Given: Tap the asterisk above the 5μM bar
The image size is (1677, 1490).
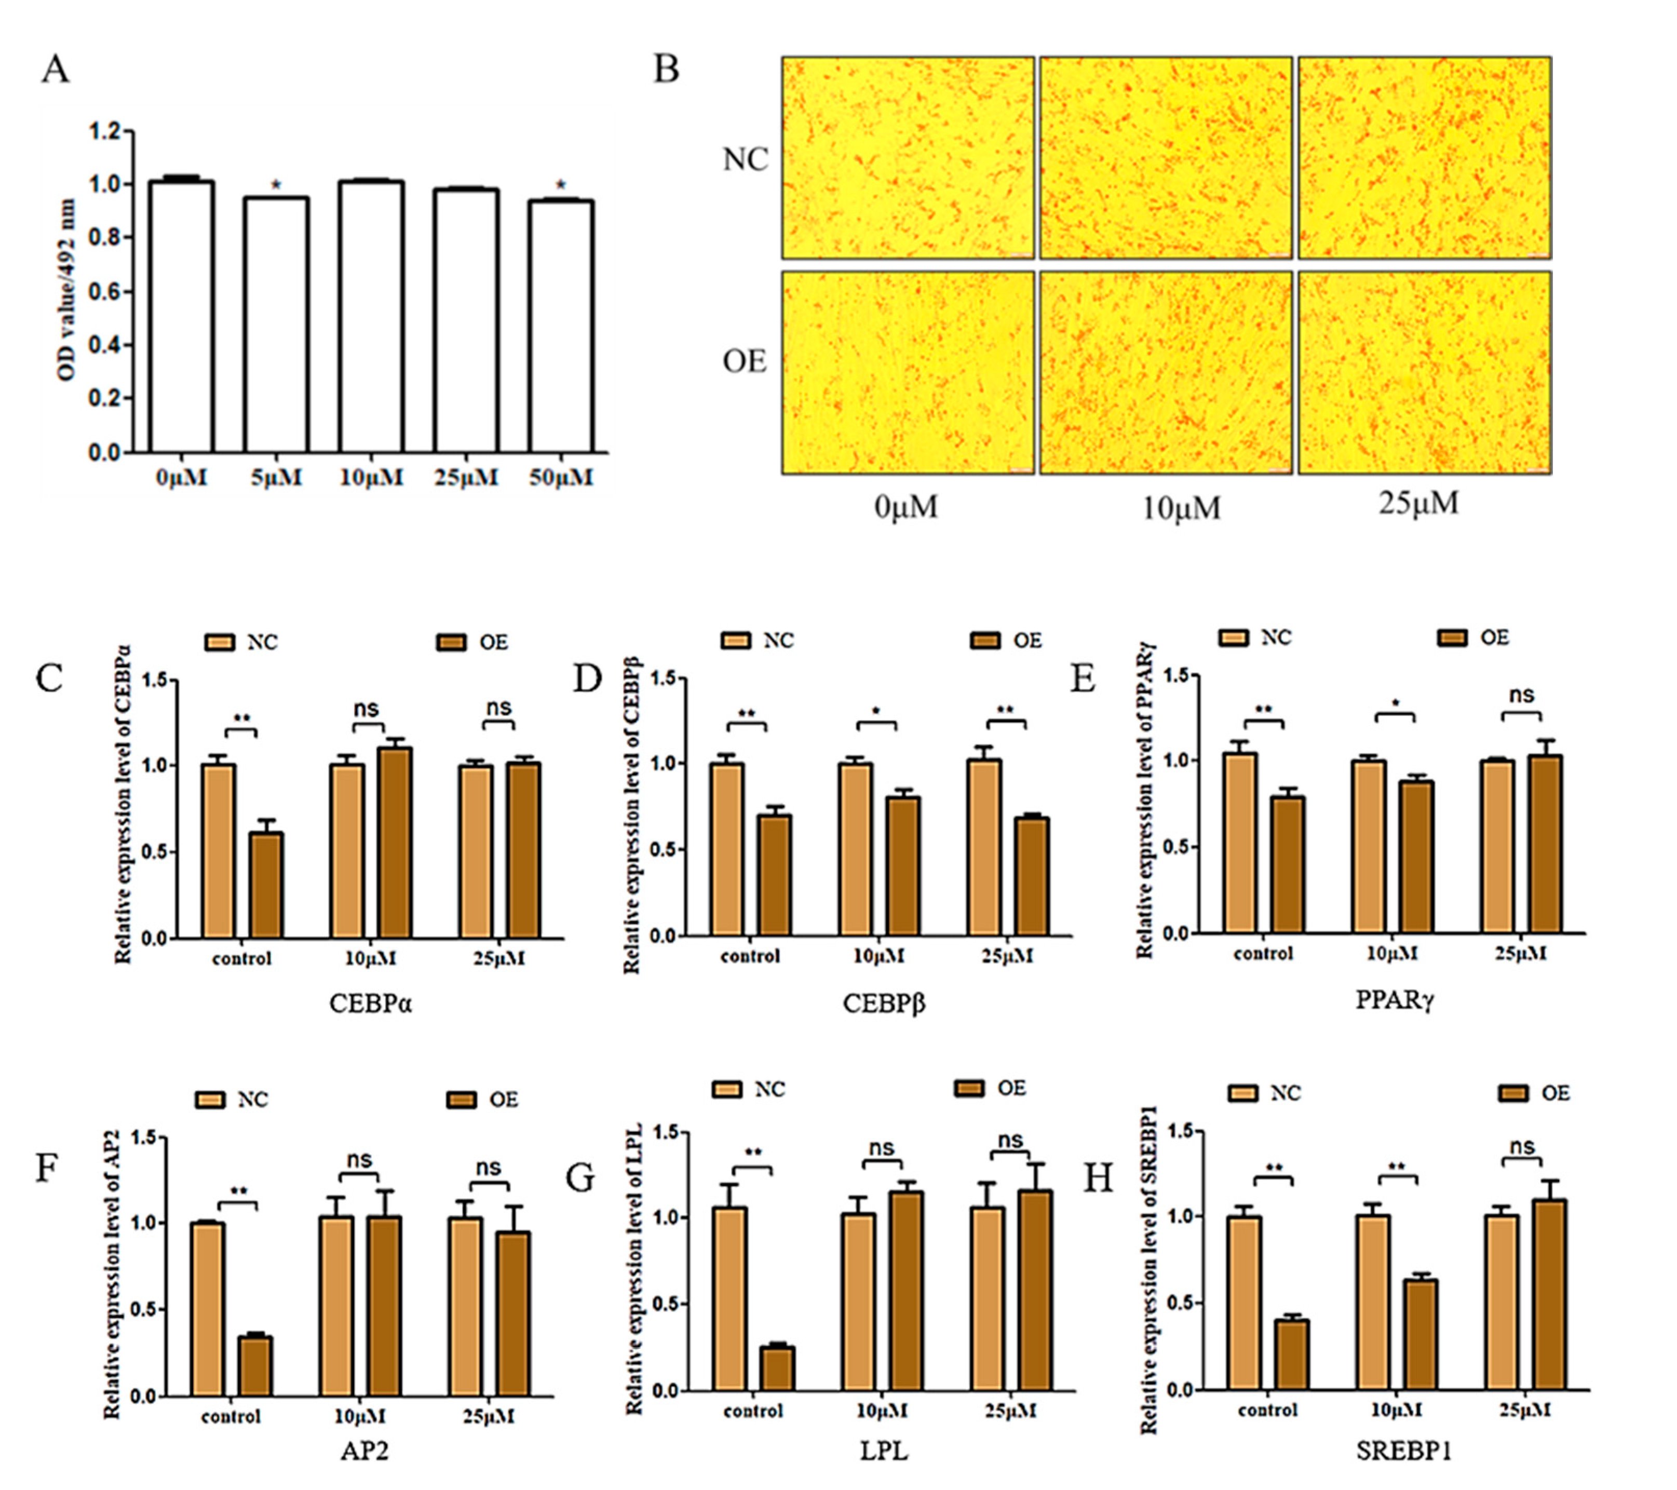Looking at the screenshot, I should pos(277,185).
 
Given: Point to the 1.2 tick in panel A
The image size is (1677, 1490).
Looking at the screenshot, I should pos(106,131).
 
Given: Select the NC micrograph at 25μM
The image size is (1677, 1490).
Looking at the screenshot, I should pos(1424,157).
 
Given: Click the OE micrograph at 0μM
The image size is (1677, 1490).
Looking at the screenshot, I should pos(908,373).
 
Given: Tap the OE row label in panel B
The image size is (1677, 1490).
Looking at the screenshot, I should pos(744,361).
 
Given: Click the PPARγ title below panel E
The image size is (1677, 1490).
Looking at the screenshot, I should pos(1394,999).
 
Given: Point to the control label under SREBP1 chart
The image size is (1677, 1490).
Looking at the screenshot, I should pos(1267,1410).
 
